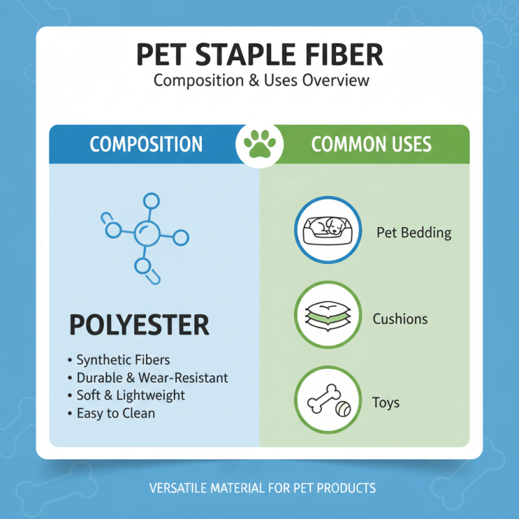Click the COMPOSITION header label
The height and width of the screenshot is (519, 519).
click(x=146, y=144)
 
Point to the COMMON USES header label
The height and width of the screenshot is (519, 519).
click(x=371, y=144)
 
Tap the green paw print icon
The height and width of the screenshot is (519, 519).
click(x=259, y=144)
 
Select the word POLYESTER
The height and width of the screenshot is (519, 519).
click(x=139, y=324)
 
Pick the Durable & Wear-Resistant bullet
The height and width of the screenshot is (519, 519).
click(x=152, y=377)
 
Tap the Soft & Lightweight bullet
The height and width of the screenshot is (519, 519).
click(x=130, y=394)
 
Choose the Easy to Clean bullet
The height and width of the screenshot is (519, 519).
click(x=115, y=412)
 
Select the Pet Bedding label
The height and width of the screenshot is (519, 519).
click(x=414, y=232)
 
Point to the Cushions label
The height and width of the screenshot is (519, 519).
click(x=400, y=319)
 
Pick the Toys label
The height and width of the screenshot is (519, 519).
click(x=385, y=403)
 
